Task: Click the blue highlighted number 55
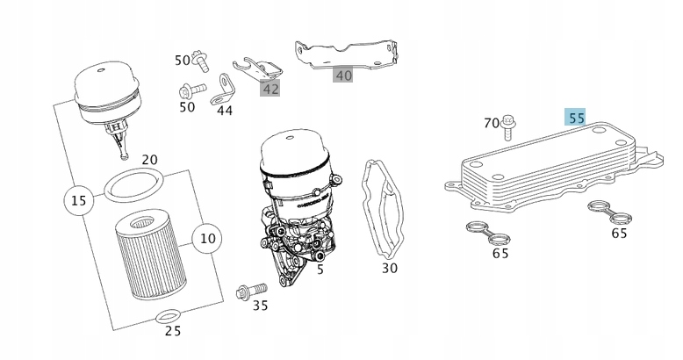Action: tap(576, 118)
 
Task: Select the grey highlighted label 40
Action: tap(343, 76)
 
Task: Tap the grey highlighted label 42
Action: tap(270, 88)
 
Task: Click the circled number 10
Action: tap(207, 238)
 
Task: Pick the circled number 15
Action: tap(79, 201)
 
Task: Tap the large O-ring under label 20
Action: tap(133, 186)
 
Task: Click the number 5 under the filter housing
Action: tap(320, 270)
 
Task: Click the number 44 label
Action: tap(225, 112)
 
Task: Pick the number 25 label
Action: tap(173, 331)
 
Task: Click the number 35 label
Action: tap(260, 306)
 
